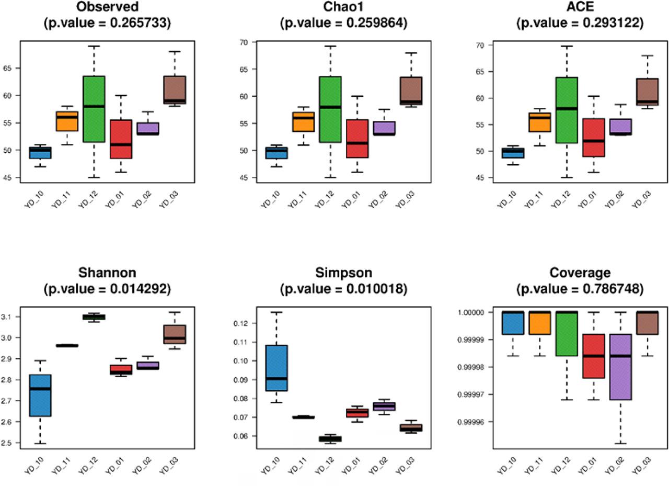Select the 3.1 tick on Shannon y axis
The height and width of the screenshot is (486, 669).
coord(9,317)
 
